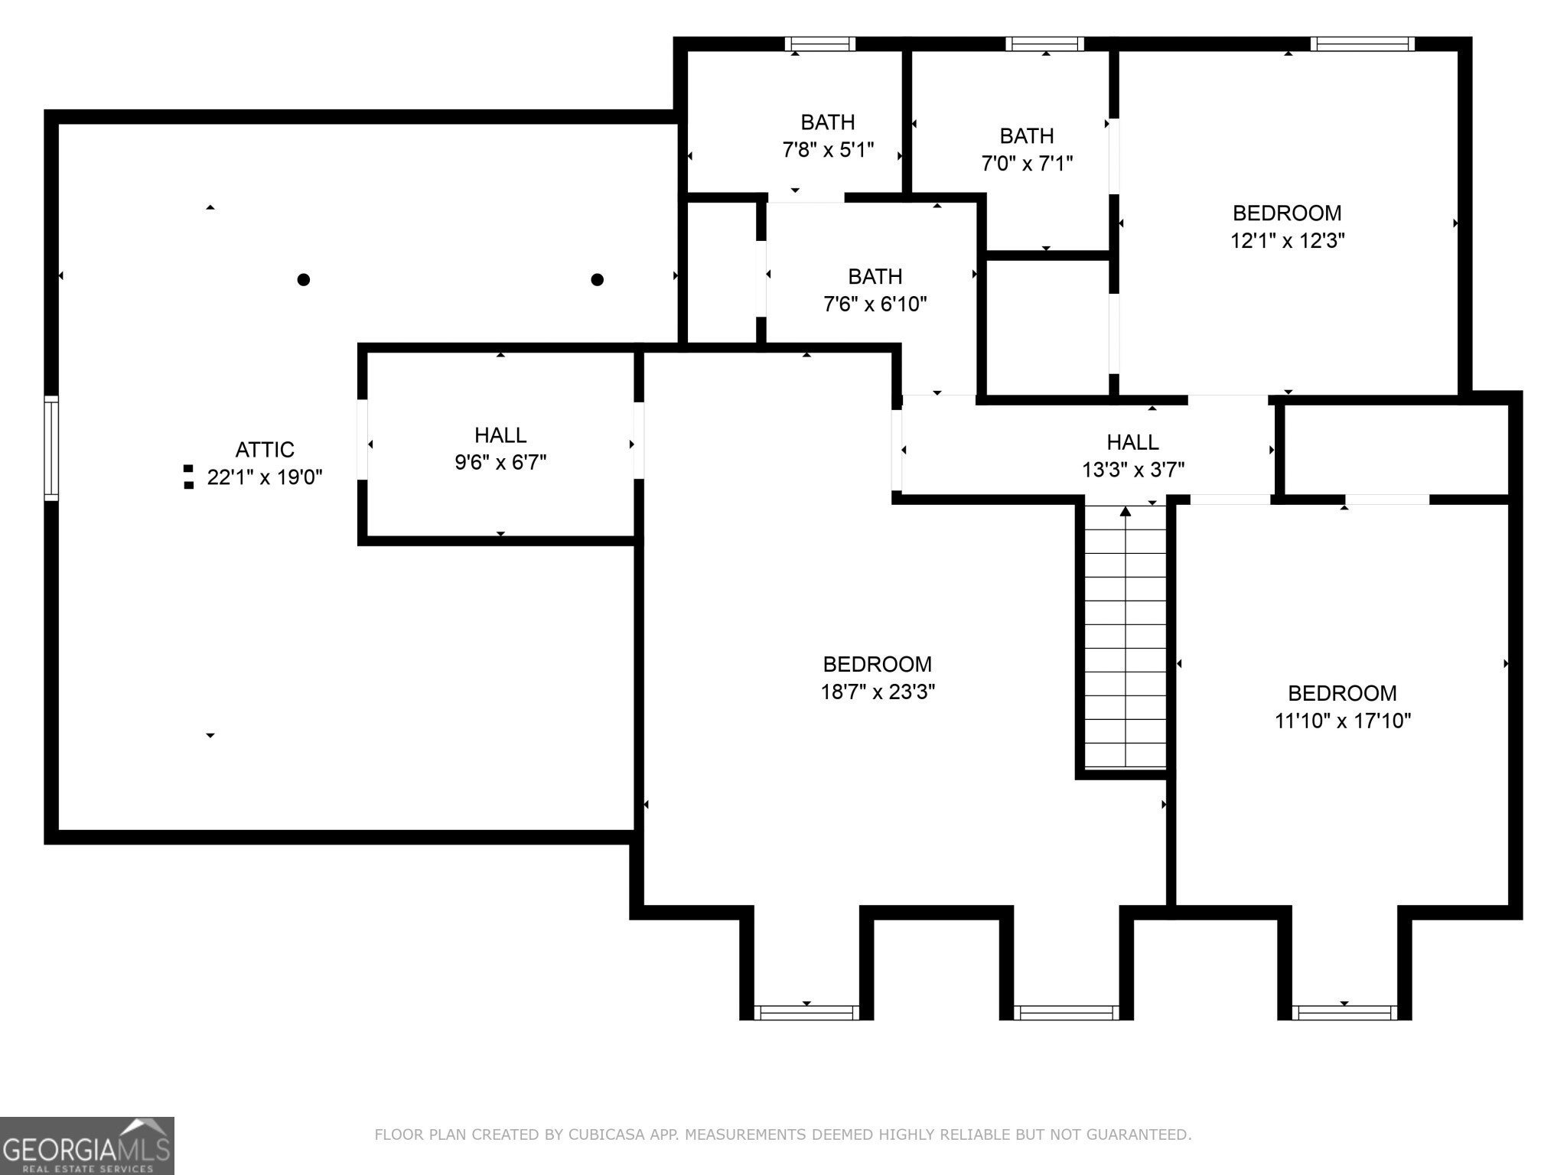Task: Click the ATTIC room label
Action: (265, 449)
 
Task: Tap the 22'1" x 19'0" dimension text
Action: (265, 477)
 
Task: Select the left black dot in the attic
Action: (304, 279)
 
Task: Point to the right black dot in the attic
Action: (598, 279)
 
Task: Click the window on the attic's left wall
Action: (51, 448)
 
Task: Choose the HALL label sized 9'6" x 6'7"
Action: (500, 435)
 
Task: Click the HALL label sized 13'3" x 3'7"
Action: (1132, 441)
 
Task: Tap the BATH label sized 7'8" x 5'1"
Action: (828, 122)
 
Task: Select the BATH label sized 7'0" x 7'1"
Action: (1027, 135)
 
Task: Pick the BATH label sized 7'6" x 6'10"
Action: (875, 276)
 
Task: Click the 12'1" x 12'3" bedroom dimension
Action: (1288, 241)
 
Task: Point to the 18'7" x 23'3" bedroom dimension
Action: (878, 692)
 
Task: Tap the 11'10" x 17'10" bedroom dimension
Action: (1343, 721)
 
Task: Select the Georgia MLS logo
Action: (86, 1145)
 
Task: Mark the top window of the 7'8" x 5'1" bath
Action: (820, 44)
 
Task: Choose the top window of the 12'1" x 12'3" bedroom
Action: (1362, 44)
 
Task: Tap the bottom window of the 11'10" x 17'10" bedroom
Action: (1344, 1013)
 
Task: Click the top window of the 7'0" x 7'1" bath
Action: (1044, 44)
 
